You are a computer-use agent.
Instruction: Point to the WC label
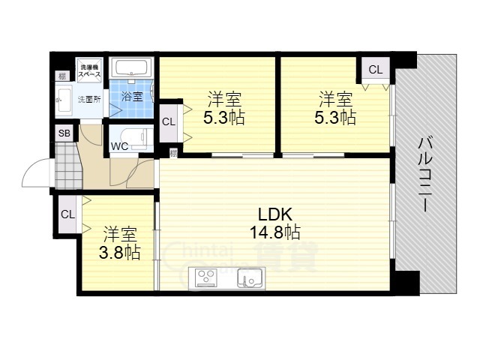click(x=119, y=146)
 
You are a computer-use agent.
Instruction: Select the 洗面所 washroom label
click(x=88, y=99)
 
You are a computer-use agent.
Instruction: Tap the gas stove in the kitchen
click(x=205, y=278)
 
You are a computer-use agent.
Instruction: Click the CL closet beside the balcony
click(x=375, y=70)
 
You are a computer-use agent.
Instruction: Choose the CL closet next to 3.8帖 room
click(x=67, y=214)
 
